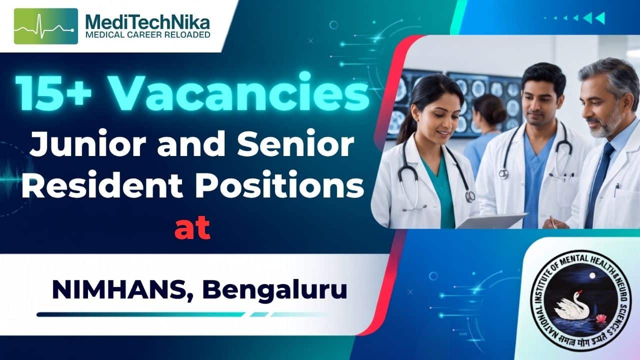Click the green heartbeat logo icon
pyautogui.click(x=45, y=26)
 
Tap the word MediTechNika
pyautogui.click(x=147, y=22)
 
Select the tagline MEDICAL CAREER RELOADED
pyautogui.click(x=148, y=35)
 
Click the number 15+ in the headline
pyautogui.click(x=53, y=92)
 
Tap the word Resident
pyautogui.click(x=102, y=184)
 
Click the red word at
pyautogui.click(x=192, y=228)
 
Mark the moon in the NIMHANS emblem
pyautogui.click(x=592, y=275)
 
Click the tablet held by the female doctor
pyautogui.click(x=491, y=220)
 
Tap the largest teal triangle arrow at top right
pyautogui.click(x=600, y=18)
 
